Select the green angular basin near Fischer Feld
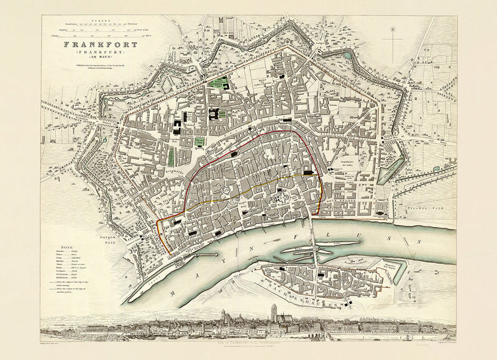coord(390,169)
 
